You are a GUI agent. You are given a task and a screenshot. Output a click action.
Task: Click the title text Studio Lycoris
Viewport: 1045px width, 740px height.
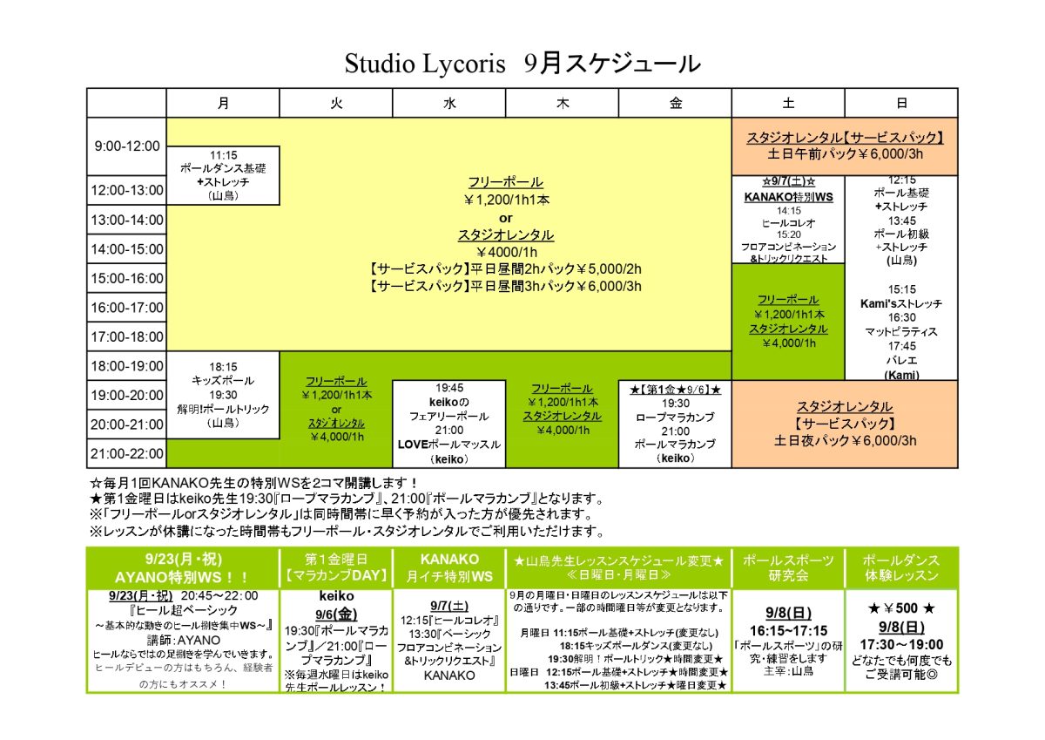425,64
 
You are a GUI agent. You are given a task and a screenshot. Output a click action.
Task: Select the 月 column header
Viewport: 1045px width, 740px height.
223,103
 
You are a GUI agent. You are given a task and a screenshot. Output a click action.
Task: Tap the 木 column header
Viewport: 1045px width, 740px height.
563,103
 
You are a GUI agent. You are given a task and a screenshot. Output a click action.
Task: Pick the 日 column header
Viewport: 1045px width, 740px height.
901,103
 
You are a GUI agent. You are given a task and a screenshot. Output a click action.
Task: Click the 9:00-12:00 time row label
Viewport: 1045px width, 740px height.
127,146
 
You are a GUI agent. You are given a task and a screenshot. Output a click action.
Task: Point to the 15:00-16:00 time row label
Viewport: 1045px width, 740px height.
127,278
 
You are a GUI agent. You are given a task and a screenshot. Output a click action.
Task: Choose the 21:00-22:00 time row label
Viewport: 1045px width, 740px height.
127,453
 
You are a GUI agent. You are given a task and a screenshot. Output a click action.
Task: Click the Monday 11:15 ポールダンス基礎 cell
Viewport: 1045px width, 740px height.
223,175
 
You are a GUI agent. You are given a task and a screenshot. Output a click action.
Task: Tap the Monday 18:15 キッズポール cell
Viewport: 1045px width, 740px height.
223,395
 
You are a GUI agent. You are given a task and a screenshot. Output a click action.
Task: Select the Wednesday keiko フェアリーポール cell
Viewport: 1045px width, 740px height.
448,424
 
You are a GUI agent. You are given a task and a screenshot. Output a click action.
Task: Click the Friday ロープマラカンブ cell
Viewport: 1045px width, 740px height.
675,424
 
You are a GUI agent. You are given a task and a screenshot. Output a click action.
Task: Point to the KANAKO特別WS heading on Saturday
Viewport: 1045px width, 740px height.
788,197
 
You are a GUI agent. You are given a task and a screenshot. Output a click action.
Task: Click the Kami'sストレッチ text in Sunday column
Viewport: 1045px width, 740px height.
901,303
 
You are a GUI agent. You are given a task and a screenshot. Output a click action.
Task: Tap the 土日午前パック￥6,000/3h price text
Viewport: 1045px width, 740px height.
845,154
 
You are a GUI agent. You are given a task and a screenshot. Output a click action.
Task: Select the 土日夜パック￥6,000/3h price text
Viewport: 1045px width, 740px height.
845,441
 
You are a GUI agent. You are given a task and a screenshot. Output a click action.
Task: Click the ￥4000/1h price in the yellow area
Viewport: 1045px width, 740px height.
506,253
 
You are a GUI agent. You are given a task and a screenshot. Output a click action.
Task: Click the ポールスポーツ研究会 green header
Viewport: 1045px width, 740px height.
788,567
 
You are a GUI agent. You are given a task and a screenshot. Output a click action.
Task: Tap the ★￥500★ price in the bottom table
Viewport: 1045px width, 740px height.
901,608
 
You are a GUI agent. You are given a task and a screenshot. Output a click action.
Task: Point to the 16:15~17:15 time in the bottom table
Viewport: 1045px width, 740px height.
788,631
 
